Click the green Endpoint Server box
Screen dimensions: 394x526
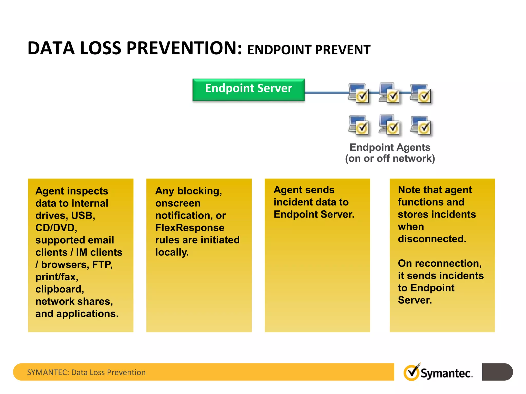tap(248, 89)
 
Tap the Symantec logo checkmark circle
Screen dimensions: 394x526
tap(411, 372)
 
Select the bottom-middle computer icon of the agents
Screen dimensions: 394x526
tap(390, 125)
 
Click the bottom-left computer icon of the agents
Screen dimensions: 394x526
tap(359, 125)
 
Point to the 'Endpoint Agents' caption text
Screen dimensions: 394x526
tap(390, 147)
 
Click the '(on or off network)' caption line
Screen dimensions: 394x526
tap(390, 159)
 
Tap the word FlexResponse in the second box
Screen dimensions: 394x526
tap(190, 228)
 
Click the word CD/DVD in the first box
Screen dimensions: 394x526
tap(56, 228)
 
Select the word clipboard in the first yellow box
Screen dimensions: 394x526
tap(59, 289)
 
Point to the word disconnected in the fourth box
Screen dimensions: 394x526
tap(432, 239)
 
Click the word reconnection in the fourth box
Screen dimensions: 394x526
tap(448, 263)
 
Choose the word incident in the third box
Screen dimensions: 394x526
tap(293, 202)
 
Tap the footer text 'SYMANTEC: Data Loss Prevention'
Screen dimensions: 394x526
tap(86, 372)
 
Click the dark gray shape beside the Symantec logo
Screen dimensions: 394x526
tap(497, 372)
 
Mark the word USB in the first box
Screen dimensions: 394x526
tap(83, 215)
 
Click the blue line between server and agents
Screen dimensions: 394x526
tap(326, 93)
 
